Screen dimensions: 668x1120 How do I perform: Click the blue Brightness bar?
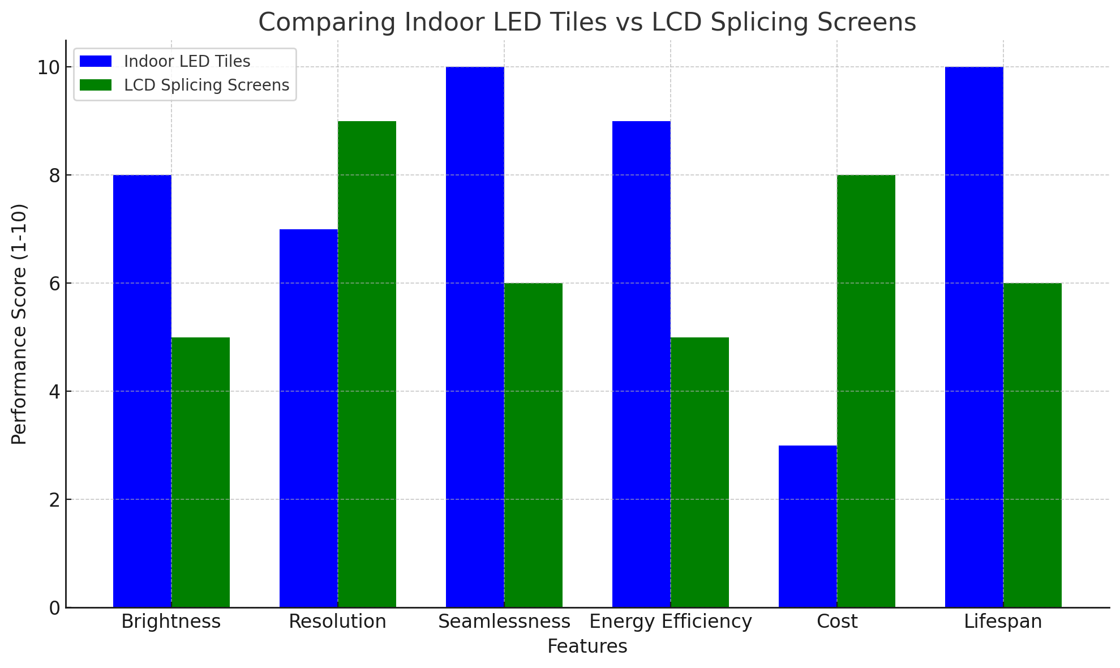click(x=142, y=391)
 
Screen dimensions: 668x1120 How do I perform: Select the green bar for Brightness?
click(x=201, y=472)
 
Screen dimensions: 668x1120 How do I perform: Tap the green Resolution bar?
click(x=367, y=364)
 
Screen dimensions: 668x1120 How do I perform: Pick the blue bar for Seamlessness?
click(x=475, y=337)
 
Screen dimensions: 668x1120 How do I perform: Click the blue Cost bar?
click(x=808, y=526)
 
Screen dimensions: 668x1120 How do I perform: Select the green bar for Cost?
click(x=866, y=391)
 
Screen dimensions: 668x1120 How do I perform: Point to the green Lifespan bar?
click(x=1033, y=445)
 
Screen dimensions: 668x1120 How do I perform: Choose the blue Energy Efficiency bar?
click(x=641, y=364)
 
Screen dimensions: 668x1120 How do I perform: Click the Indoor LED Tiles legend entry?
click(x=187, y=61)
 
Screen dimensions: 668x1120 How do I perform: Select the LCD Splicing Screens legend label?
click(x=207, y=85)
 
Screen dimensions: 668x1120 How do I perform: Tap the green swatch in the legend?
click(x=96, y=85)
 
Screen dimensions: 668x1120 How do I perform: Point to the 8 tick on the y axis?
click(x=54, y=175)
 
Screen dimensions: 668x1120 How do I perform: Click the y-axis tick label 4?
click(x=54, y=392)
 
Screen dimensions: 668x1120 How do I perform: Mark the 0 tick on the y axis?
click(x=54, y=608)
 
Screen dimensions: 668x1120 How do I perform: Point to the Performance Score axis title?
click(x=19, y=324)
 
